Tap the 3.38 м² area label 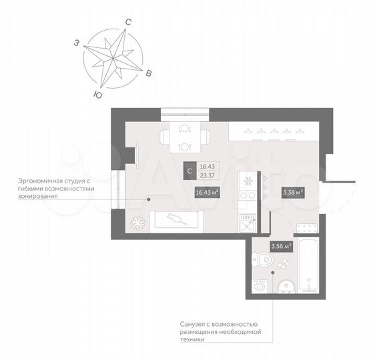point(294,193)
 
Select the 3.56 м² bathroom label point(281,246)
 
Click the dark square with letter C point(190,171)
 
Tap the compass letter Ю point(99,95)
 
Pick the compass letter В point(149,73)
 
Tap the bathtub point(308,264)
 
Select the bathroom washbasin point(285,286)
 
